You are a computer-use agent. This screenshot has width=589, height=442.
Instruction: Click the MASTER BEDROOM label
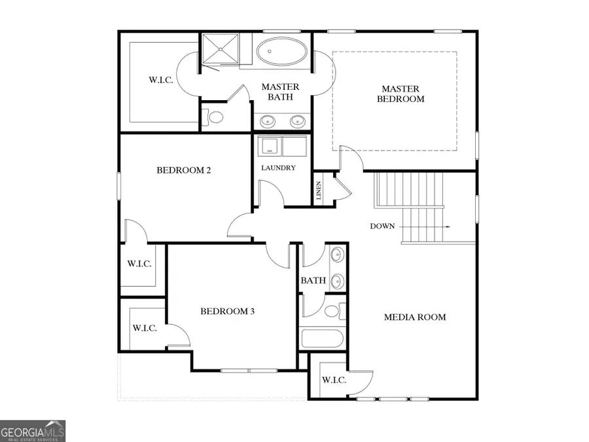(x=403, y=94)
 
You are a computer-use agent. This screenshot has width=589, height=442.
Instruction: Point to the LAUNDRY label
(x=278, y=168)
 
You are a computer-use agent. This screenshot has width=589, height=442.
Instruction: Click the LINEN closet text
(x=319, y=191)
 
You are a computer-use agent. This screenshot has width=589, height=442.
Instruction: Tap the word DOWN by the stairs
(x=382, y=226)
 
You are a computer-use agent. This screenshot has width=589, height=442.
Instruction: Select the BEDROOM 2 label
(x=183, y=170)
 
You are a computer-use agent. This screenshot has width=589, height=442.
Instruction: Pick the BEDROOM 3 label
(x=227, y=311)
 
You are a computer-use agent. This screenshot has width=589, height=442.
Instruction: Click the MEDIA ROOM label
(x=414, y=317)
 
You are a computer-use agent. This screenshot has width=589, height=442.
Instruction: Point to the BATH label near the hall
(x=313, y=280)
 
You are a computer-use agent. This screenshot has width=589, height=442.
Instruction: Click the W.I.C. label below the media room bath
(x=334, y=380)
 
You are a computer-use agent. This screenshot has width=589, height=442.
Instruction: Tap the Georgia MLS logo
(x=33, y=431)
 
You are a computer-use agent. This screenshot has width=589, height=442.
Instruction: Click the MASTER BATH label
(x=280, y=92)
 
